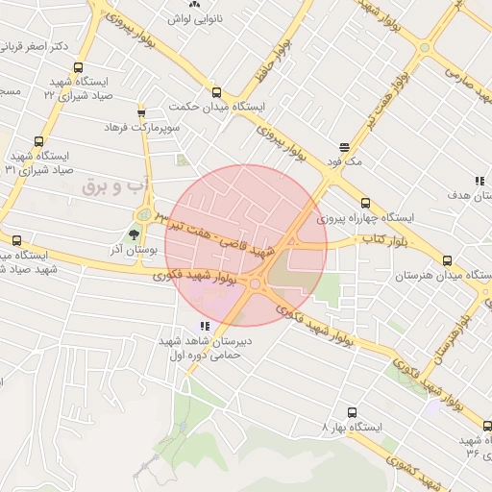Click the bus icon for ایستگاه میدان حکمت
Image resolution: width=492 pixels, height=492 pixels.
pos(215,92)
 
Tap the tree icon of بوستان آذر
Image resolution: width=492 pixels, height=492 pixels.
pos(134,234)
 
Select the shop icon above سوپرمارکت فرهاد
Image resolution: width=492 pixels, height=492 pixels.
pos(141,112)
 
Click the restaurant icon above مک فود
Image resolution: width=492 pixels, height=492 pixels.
pos(344,147)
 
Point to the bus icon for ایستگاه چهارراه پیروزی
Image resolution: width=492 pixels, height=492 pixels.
pos(365,203)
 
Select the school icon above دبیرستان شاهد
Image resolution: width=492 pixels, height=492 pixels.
pos(204,327)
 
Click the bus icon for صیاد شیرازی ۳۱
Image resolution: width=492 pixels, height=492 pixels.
pos(38,141)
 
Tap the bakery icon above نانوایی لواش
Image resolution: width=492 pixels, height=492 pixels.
pos(208,5)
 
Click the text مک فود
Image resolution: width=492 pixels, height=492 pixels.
pos(343,161)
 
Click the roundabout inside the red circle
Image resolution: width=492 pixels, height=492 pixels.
pos(256,283)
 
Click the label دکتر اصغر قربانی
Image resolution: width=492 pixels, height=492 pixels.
pos(35,45)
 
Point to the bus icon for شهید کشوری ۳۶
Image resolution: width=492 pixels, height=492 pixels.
pos(486,426)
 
